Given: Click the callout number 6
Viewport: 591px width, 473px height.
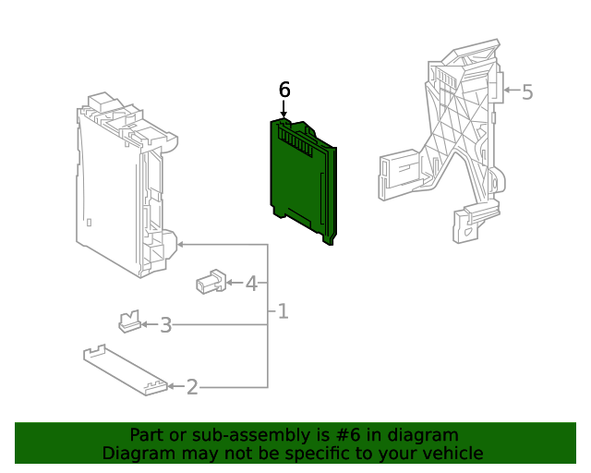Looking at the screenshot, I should (x=284, y=90).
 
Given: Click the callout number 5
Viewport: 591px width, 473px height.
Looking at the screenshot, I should (x=527, y=91).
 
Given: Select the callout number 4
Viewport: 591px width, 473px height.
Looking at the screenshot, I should (x=251, y=283).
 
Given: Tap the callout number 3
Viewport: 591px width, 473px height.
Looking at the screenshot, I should (x=166, y=325).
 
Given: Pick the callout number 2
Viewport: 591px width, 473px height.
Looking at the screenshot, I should (x=192, y=387).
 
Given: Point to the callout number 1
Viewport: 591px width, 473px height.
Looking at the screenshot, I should (x=283, y=312).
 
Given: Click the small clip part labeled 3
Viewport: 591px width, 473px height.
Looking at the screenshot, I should (x=128, y=321).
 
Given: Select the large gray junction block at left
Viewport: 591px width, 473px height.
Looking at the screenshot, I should (x=125, y=185).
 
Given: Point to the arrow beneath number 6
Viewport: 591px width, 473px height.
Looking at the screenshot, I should (x=284, y=111).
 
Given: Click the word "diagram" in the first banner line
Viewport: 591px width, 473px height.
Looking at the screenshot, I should (x=423, y=434).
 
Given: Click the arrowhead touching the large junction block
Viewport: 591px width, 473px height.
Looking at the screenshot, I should (x=180, y=245).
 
